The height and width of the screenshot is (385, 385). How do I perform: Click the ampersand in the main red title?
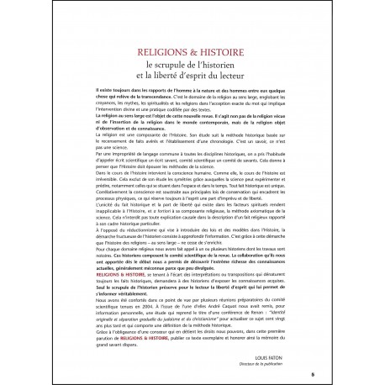[x=192, y=57]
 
